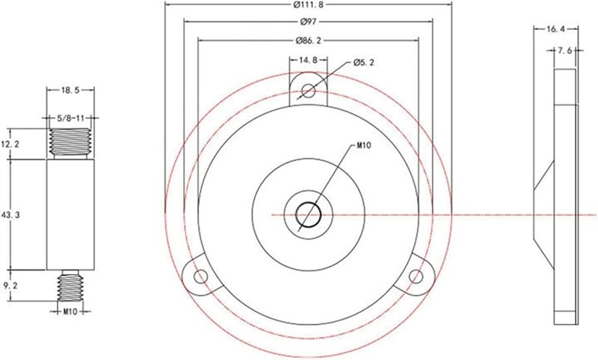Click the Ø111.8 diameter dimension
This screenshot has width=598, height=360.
[x=307, y=6]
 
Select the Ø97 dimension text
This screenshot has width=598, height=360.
[x=307, y=22]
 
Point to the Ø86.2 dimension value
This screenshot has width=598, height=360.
[x=307, y=40]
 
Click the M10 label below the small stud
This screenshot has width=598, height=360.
[x=70, y=311]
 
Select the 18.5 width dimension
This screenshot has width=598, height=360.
[x=70, y=90]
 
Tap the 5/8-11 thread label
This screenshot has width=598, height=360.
[x=70, y=118]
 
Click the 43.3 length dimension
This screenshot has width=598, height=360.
[x=11, y=214]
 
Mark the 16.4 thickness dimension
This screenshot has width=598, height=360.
[x=555, y=29]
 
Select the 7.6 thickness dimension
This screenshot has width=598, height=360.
[x=565, y=51]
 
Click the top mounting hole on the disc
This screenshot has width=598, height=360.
[x=308, y=91]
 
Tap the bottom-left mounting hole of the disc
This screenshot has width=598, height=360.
[x=200, y=277]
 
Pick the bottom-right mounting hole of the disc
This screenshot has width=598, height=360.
[x=416, y=277]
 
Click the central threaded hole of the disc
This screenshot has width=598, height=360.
[x=308, y=215]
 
